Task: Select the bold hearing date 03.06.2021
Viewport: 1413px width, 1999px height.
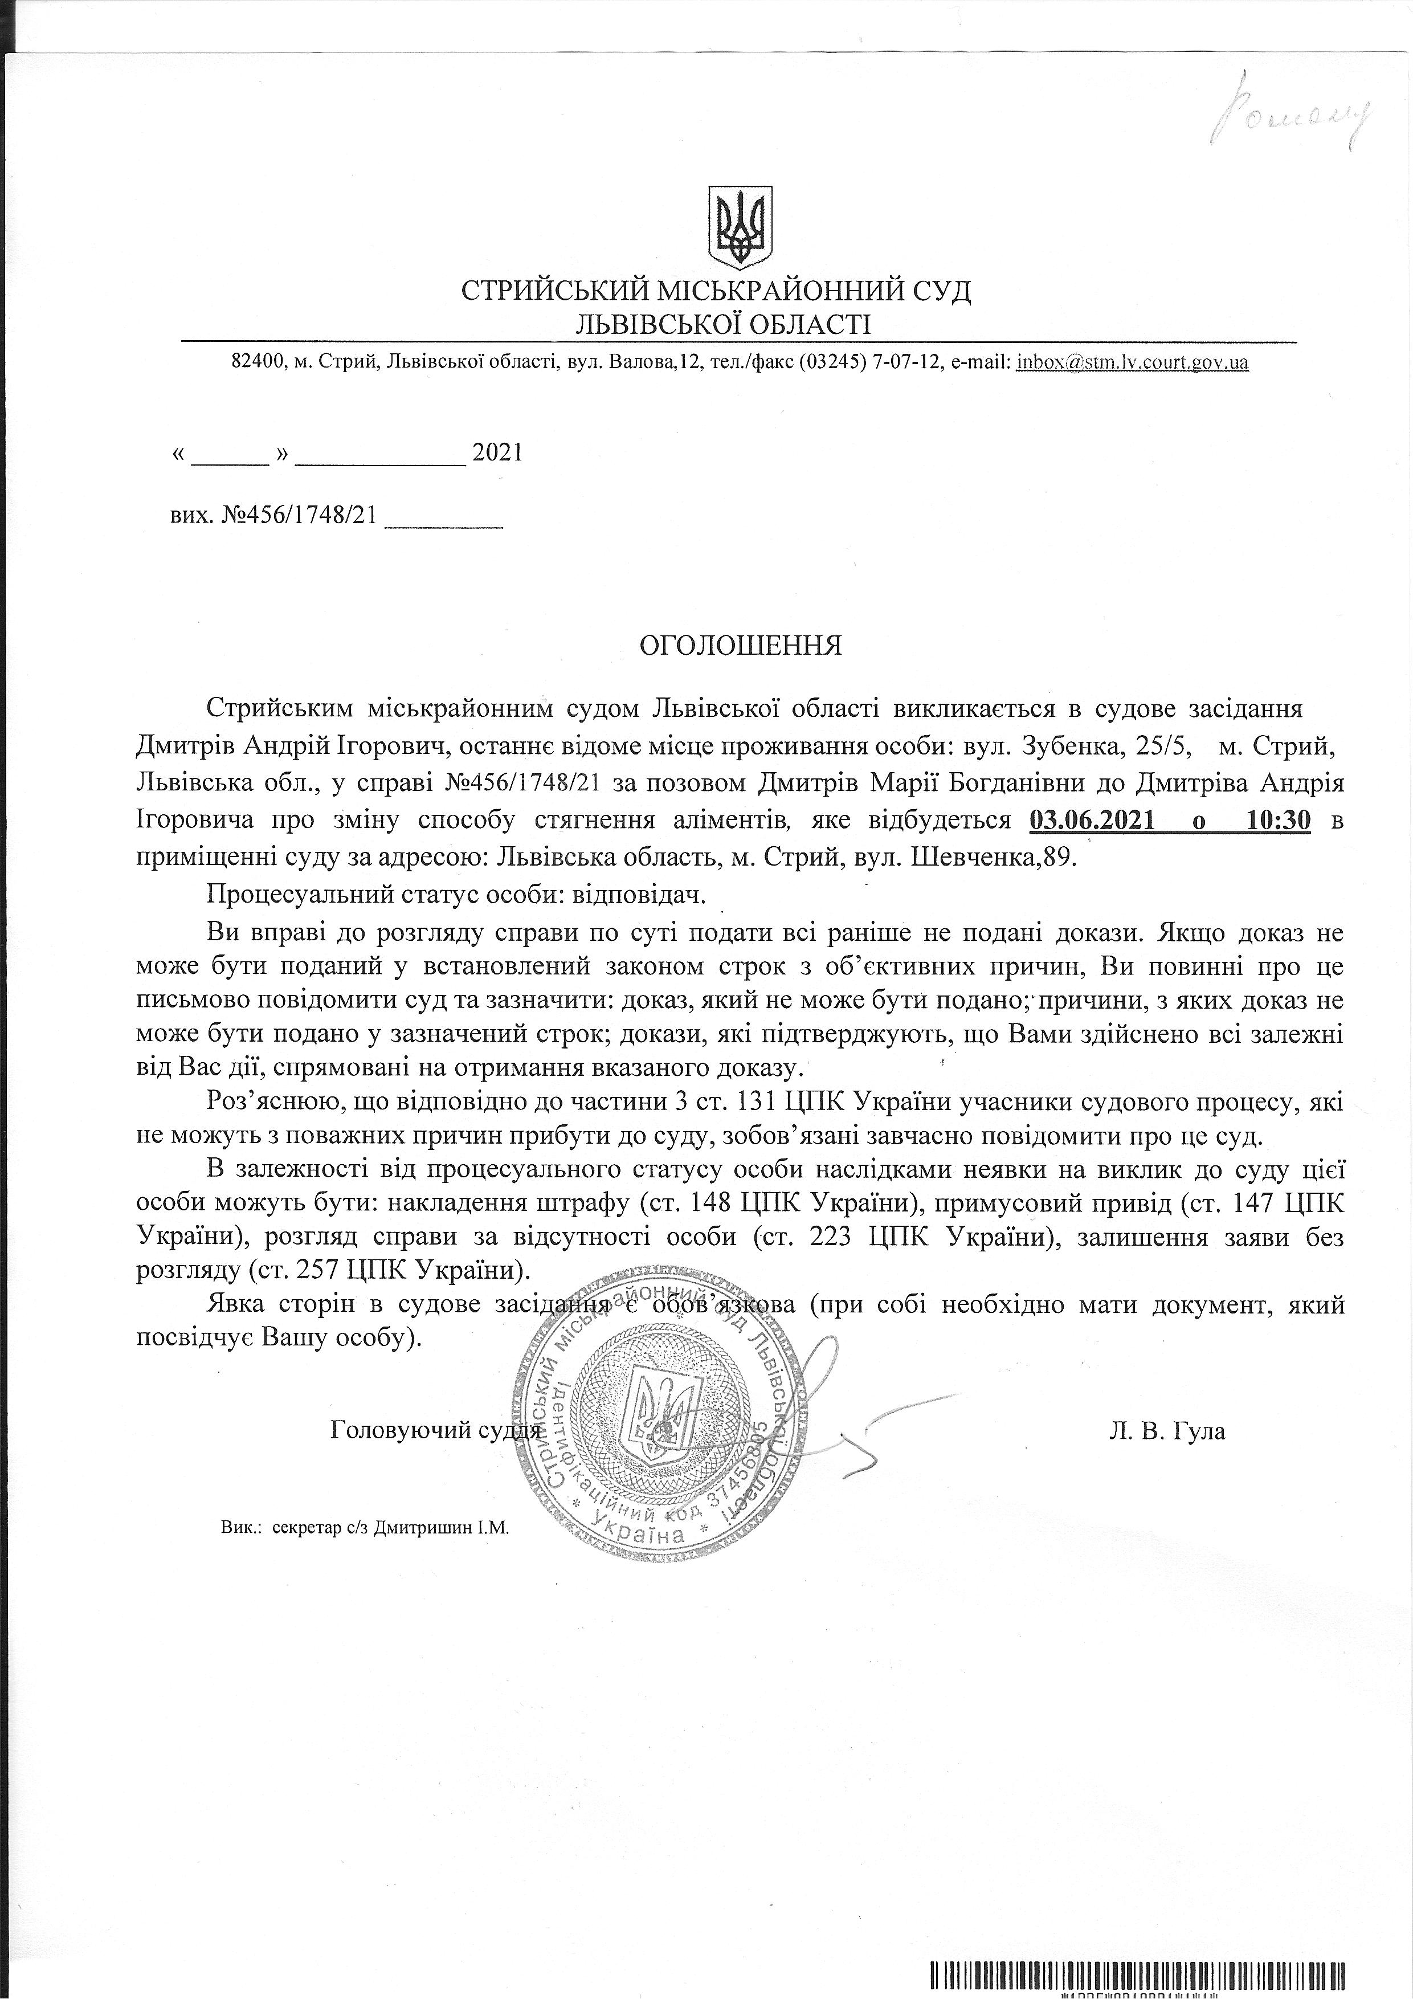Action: pyautogui.click(x=1095, y=819)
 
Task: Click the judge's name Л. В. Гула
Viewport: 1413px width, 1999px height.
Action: pyautogui.click(x=1167, y=1430)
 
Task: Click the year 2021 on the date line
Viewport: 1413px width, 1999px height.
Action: pyautogui.click(x=496, y=452)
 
